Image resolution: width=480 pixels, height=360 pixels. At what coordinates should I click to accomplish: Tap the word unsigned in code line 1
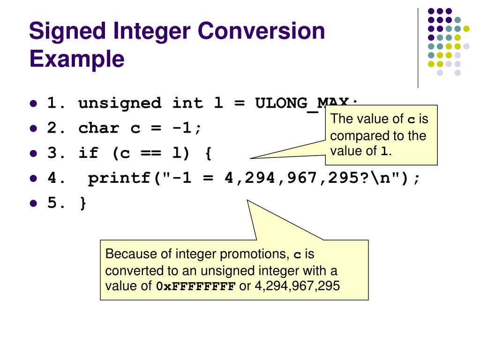(x=120, y=103)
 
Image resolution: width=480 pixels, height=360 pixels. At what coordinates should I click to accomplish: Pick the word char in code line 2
(x=99, y=128)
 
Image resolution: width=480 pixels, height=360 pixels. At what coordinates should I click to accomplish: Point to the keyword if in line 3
(x=88, y=153)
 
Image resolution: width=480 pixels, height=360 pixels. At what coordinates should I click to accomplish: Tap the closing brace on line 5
(x=83, y=203)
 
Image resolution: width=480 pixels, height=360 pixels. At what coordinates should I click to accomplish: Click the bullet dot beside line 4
(x=33, y=179)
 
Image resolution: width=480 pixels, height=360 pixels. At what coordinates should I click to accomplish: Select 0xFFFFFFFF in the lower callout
(x=195, y=286)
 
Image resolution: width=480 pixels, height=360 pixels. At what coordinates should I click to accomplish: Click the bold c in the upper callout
(x=411, y=120)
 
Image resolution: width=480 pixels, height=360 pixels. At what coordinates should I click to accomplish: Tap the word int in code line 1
(x=187, y=103)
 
